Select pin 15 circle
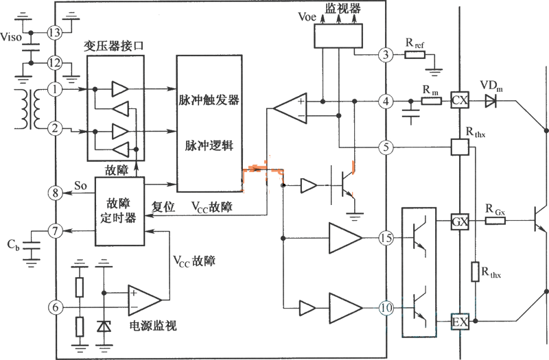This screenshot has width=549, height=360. (x=387, y=239)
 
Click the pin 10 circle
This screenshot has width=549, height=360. (x=387, y=309)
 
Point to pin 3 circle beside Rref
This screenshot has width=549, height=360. (x=387, y=55)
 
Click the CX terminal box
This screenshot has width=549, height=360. (x=458, y=101)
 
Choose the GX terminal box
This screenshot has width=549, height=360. (x=458, y=222)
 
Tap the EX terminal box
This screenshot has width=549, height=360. (x=458, y=320)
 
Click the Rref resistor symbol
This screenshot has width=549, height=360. (x=415, y=55)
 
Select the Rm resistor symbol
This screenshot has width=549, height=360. (x=430, y=101)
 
